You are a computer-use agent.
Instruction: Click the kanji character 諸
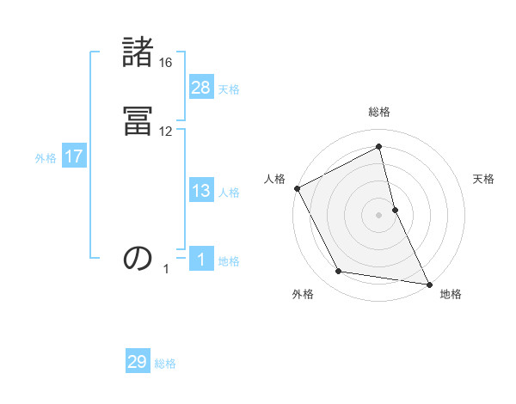tap(138, 53)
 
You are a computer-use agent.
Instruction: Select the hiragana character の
tap(138, 258)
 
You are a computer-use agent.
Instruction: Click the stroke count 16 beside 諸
tap(166, 63)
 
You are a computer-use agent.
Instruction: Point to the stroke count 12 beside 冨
tap(166, 132)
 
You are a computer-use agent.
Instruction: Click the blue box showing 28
tap(201, 87)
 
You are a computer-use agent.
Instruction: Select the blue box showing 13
tap(201, 191)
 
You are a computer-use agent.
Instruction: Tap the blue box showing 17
tap(74, 156)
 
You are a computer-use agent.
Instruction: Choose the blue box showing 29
tap(138, 362)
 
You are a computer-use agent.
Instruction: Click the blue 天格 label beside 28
tap(229, 89)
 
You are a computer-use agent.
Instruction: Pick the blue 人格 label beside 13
tap(229, 193)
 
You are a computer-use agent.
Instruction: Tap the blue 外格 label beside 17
tap(46, 158)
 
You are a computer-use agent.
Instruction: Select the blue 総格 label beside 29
tap(165, 364)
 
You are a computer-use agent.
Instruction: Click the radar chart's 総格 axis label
tap(379, 112)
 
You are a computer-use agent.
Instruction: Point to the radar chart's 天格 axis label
tap(484, 179)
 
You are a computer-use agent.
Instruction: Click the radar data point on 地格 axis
tap(429, 283)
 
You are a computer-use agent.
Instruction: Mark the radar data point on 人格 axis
tap(297, 188)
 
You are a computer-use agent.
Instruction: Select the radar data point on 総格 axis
tap(379, 147)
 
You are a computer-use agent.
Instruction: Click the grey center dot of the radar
tap(379, 215)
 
